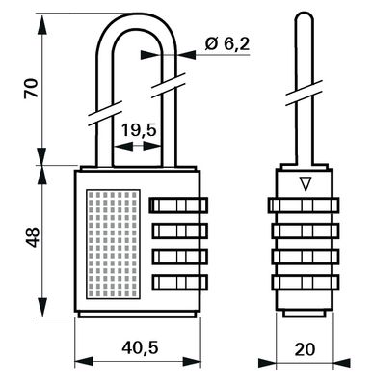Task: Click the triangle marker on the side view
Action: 306,183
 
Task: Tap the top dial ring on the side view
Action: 306,207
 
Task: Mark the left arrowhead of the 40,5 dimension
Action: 80,363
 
